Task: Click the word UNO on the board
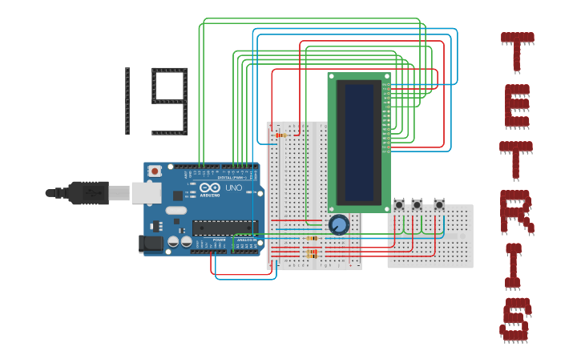233,188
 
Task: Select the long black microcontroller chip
224,228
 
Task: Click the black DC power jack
151,244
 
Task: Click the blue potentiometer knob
339,224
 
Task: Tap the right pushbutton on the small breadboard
438,205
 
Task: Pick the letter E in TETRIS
517,105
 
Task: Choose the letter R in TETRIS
516,212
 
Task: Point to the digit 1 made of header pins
127,100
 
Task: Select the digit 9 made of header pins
170,100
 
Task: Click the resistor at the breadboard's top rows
280,135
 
